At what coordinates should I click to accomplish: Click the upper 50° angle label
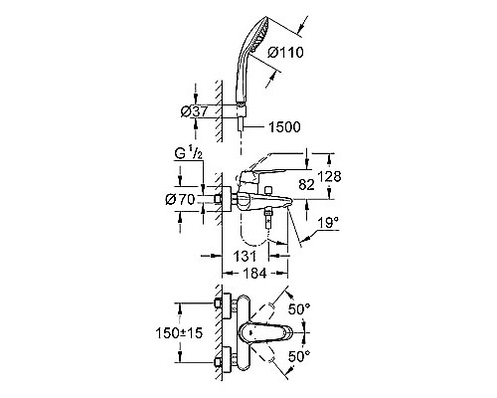point(297,311)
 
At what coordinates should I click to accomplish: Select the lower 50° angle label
point(297,355)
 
